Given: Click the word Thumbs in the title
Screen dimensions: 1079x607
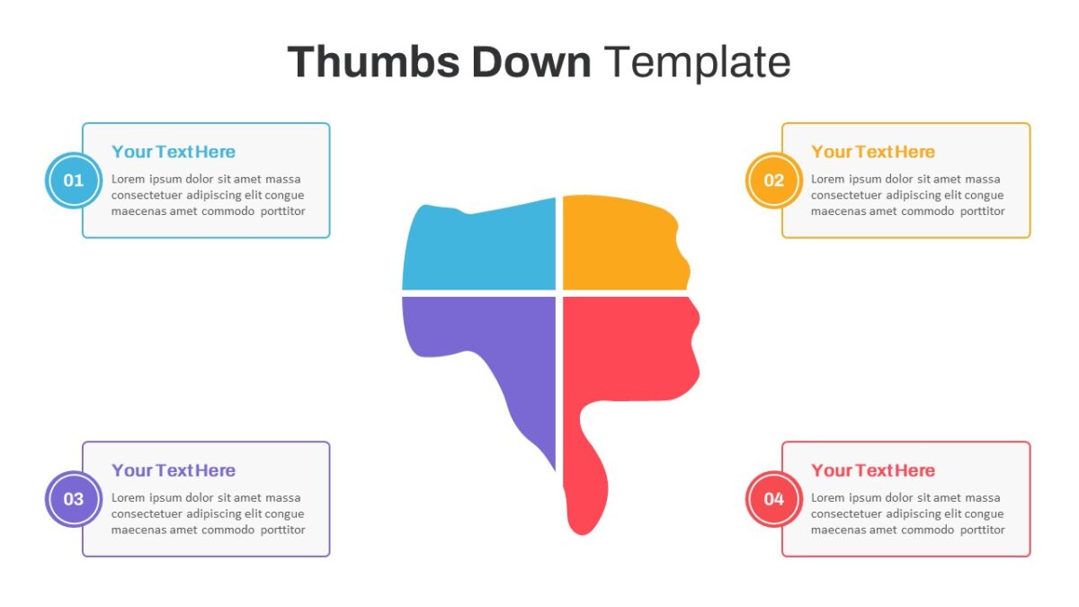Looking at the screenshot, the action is click(374, 62).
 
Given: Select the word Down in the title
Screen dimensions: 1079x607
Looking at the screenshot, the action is click(531, 62).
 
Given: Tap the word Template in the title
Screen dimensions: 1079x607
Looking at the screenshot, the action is click(697, 63).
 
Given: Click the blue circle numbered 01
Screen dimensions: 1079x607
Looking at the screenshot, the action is click(74, 180).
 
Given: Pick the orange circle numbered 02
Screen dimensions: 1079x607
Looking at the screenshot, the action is click(773, 180).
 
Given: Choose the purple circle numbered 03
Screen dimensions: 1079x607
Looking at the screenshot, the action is click(74, 499).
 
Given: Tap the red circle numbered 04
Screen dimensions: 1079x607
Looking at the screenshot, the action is click(773, 499).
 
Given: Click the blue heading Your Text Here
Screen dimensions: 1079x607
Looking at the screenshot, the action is click(174, 152).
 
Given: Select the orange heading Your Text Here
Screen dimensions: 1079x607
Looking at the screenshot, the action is click(873, 152).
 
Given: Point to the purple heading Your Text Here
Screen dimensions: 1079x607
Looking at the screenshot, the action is click(174, 470).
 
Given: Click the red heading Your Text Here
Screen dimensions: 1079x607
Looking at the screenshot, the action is click(873, 470).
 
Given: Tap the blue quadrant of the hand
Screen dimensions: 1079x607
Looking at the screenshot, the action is click(479, 248).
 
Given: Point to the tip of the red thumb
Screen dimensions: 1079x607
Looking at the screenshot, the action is click(582, 534).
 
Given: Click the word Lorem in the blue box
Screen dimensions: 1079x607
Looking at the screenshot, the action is click(128, 179).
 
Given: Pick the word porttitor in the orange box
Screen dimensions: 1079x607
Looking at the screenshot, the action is click(982, 211).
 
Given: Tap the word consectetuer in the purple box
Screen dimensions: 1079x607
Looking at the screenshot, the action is click(147, 513).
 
